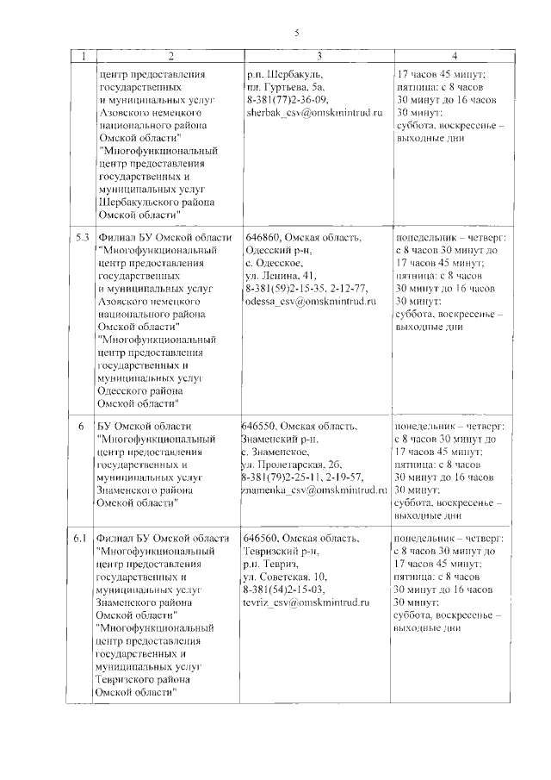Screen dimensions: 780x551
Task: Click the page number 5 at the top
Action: tap(295, 34)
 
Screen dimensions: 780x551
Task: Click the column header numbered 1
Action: tap(83, 57)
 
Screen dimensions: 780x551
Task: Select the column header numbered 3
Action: tap(316, 57)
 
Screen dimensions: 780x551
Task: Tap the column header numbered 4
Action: tap(455, 57)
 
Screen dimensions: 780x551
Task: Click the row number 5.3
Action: tap(83, 238)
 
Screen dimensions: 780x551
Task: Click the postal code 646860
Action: tap(263, 238)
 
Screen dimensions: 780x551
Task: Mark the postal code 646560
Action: tap(262, 539)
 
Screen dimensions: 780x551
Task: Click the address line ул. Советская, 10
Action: tap(285, 577)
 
